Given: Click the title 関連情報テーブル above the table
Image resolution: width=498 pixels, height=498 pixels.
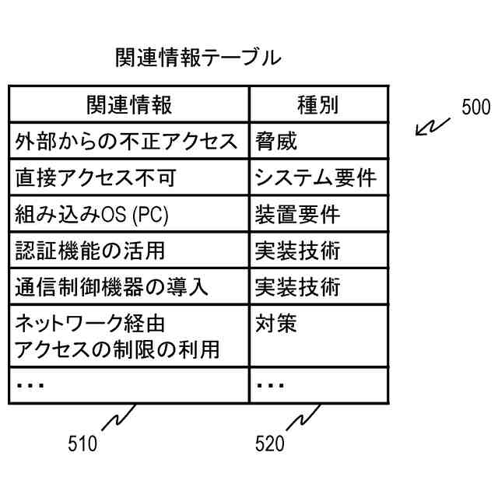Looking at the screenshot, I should coord(198,57).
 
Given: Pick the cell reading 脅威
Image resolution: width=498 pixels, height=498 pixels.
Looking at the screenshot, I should coord(276,142).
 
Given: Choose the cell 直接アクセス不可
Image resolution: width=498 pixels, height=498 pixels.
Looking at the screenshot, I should coord(96,178).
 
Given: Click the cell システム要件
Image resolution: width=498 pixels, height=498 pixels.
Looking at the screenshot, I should coord(315,178).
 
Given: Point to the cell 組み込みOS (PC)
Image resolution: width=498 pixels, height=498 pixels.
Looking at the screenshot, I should coord(92,214).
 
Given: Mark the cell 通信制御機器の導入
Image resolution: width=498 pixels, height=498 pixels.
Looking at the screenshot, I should coord(111,287).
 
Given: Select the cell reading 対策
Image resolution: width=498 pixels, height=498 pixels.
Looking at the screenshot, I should coord(276,323).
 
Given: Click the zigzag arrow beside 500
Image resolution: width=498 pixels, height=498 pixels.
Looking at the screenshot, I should coord(432,127).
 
